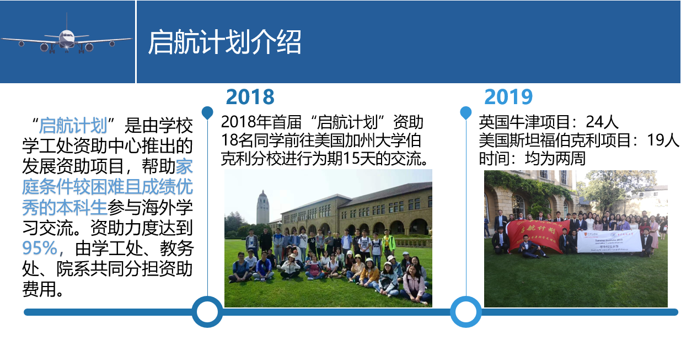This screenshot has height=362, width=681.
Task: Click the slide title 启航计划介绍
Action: (224, 42)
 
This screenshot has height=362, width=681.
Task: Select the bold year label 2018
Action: (250, 97)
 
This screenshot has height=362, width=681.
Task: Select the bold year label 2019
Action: (508, 97)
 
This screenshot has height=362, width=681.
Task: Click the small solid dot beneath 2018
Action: (207, 112)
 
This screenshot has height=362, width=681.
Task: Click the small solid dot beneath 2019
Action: (466, 112)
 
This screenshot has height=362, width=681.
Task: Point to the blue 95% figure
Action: (40, 248)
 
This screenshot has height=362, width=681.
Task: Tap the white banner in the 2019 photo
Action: (609, 241)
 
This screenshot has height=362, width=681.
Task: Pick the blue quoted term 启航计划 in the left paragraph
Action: (73, 126)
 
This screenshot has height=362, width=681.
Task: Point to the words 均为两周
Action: (555, 159)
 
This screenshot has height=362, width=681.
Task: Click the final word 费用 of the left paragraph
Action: (39, 289)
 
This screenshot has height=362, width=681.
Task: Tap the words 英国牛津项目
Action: (524, 122)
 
